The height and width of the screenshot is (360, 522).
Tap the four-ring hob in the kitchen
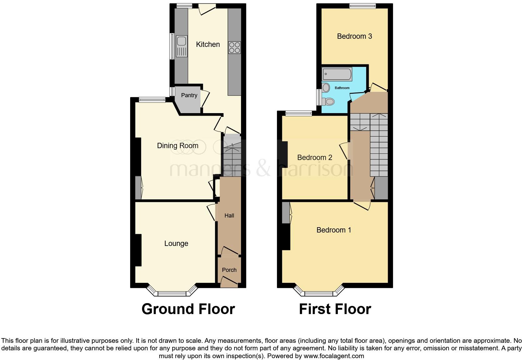tap(234, 47)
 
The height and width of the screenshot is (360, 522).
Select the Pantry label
tap(189, 95)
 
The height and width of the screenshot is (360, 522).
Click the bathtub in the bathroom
tap(337, 74)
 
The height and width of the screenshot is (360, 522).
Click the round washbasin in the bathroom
tap(326, 88)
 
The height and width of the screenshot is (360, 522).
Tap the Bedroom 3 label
tap(354, 36)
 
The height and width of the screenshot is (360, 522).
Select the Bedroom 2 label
tap(314, 157)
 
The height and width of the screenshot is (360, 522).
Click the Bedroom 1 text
tap(333, 230)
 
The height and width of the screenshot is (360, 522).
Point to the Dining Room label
tap(177, 146)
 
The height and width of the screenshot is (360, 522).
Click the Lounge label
tap(176, 243)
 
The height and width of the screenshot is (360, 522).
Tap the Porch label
tap(229, 270)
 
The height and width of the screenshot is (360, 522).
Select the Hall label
tap(229, 215)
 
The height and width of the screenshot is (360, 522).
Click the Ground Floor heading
tap(188, 309)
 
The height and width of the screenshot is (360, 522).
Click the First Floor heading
tap(335, 309)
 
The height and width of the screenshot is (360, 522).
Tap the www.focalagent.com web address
tap(333, 356)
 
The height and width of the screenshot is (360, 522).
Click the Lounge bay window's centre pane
tap(172, 293)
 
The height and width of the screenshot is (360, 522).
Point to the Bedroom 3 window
tap(362, 6)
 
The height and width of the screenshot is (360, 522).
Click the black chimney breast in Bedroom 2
tap(284, 154)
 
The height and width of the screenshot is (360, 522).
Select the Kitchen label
tap(208, 44)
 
